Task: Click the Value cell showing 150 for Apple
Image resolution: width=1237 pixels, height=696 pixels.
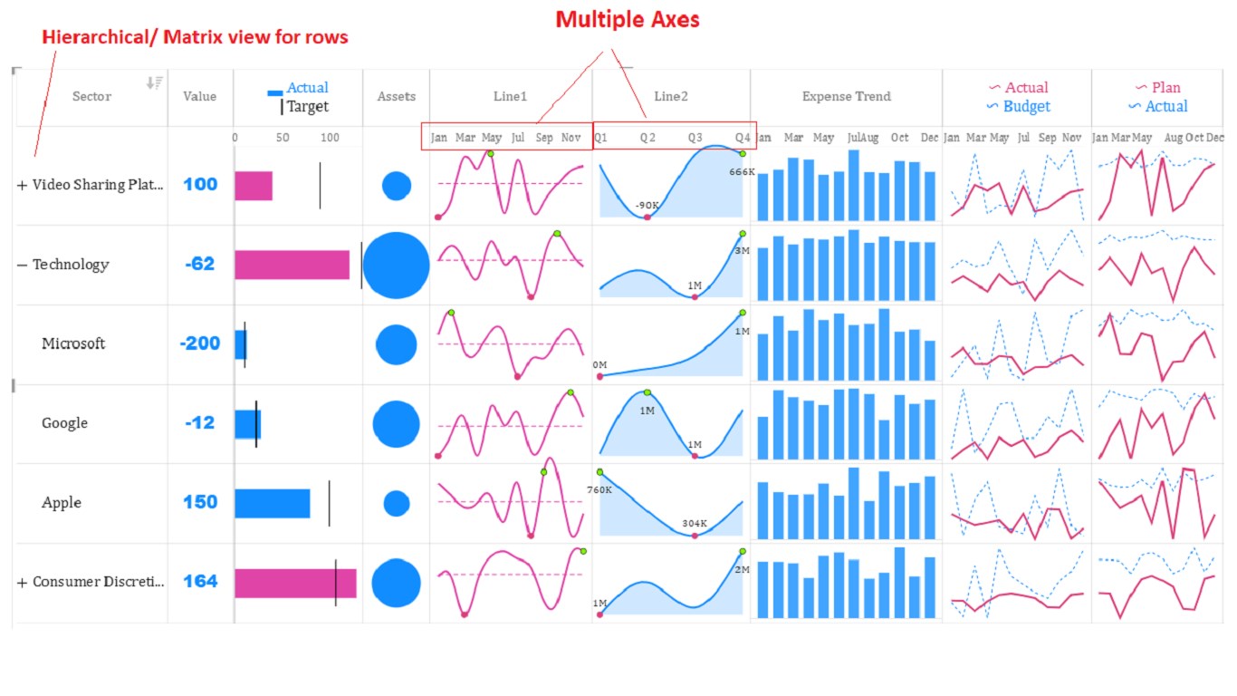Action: [200, 502]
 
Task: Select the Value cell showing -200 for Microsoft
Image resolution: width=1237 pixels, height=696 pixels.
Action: [200, 343]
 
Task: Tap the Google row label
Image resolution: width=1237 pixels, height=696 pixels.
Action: [64, 423]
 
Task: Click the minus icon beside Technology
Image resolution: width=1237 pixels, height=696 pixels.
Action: [22, 265]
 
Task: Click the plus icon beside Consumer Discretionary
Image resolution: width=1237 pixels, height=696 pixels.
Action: [22, 582]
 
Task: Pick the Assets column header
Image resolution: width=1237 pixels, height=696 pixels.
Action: [397, 96]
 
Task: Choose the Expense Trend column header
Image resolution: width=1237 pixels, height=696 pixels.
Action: [846, 96]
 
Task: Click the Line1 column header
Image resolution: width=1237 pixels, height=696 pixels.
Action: [511, 96]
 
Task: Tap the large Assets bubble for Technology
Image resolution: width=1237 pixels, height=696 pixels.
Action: [396, 265]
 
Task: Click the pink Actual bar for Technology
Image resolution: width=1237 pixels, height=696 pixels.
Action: [292, 265]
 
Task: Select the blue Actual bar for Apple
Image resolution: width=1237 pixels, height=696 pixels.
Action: [272, 503]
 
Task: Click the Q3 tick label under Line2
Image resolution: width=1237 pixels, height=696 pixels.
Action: [695, 138]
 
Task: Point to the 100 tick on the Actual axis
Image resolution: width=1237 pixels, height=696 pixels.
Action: [330, 138]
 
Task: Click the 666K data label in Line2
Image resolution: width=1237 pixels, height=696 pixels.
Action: [742, 171]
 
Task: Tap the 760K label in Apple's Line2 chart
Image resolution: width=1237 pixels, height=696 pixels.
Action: [599, 490]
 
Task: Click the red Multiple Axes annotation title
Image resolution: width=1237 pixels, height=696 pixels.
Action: [628, 20]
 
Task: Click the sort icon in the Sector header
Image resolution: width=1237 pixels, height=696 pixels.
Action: [154, 83]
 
